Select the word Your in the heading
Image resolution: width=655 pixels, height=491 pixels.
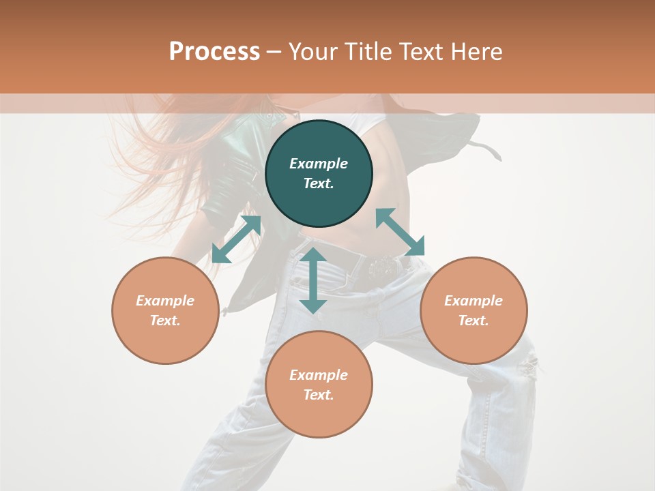click(310, 53)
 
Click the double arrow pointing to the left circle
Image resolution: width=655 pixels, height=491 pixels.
click(236, 239)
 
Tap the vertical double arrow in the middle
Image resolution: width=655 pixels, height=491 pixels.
click(313, 280)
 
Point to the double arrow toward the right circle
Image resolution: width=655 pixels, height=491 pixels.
click(401, 232)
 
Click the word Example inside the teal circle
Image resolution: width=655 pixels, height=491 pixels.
click(319, 164)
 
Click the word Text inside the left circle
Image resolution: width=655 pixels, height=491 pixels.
click(165, 321)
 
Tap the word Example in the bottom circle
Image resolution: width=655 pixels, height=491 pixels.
click(319, 375)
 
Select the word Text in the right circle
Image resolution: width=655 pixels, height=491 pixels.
click(474, 321)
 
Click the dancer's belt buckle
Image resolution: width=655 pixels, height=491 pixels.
click(384, 267)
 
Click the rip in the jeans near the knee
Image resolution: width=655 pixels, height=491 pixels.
click(527, 368)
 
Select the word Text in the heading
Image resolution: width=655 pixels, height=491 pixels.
click(421, 52)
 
